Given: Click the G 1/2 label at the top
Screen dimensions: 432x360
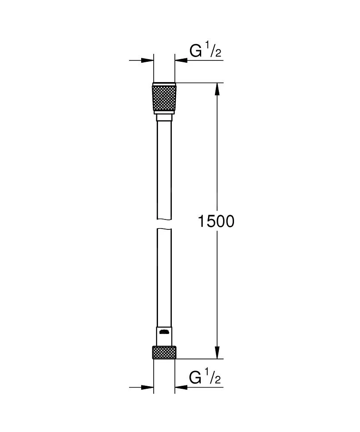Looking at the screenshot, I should [205, 51].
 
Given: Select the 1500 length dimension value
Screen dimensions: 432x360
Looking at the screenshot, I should [215, 221].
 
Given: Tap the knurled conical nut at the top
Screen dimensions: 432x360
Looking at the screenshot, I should [164, 98].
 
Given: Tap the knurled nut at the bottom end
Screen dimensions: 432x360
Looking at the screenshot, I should [164, 352].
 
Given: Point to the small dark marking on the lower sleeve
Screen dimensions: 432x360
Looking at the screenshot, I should [164, 332].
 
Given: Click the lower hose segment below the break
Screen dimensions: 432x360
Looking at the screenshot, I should [164, 276].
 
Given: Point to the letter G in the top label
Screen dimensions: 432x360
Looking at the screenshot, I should [196, 51].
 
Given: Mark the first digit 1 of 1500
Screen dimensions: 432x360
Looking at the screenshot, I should [201, 221].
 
